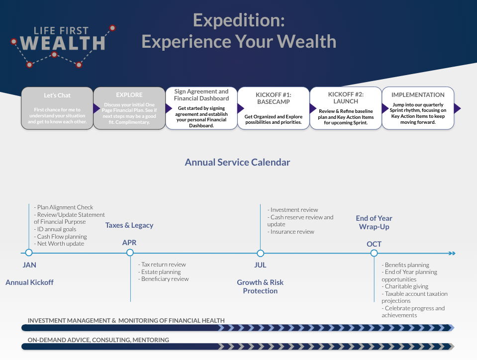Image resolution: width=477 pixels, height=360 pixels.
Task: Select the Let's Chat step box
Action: pos(57,108)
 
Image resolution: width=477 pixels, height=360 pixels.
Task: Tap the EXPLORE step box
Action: pos(129,108)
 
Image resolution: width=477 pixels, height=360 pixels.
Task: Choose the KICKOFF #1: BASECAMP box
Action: pos(273,108)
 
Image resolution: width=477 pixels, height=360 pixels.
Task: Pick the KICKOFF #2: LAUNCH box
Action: pos(346,108)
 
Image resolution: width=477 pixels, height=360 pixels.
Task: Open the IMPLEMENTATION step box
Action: pos(418,108)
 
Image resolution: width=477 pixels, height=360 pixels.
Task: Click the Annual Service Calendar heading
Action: pos(237,163)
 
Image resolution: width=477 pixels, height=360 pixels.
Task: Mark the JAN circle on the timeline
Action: pos(29,253)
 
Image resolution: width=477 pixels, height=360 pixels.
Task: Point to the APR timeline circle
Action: pos(130,253)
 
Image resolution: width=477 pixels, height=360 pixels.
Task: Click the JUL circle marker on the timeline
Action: pos(261,253)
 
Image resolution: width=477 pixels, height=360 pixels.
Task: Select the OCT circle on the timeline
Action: pos(374,253)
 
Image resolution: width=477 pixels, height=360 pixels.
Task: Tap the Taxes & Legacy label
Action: pos(129,225)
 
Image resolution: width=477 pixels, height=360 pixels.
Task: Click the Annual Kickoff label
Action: pos(29,282)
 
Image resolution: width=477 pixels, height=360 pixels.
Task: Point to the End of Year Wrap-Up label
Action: pos(374,223)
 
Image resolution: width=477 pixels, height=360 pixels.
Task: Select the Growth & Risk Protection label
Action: pos(260,287)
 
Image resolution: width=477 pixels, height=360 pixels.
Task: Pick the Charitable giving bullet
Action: pos(405,286)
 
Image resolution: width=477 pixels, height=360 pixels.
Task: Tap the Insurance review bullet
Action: pos(291,232)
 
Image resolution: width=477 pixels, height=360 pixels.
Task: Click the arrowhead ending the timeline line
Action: pos(452,253)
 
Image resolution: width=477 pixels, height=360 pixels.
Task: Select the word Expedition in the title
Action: pos(239,21)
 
